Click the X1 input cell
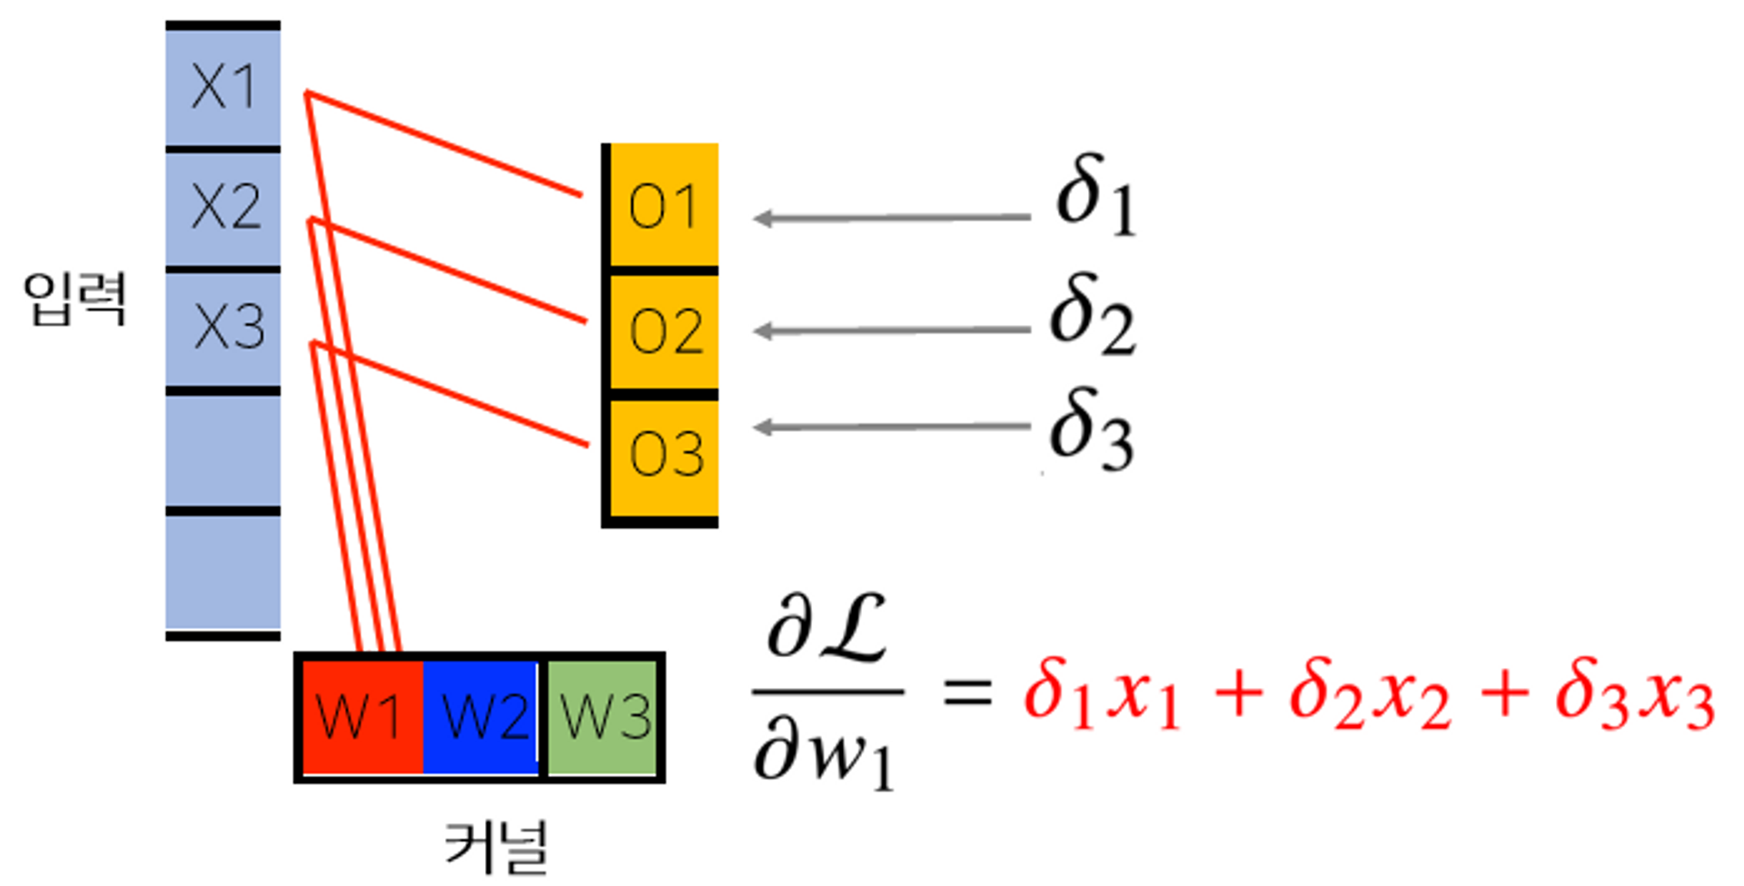[x=223, y=86]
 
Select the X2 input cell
[x=223, y=207]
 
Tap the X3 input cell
[x=223, y=327]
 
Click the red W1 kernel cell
[x=361, y=716]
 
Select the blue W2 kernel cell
[x=482, y=716]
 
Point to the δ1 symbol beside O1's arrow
[x=1095, y=194]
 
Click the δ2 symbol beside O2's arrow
[x=1092, y=314]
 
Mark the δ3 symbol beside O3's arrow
[x=1091, y=428]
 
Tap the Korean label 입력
[x=75, y=298]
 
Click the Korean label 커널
[x=496, y=847]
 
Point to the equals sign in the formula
[x=966, y=693]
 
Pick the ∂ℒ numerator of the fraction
[x=827, y=629]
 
